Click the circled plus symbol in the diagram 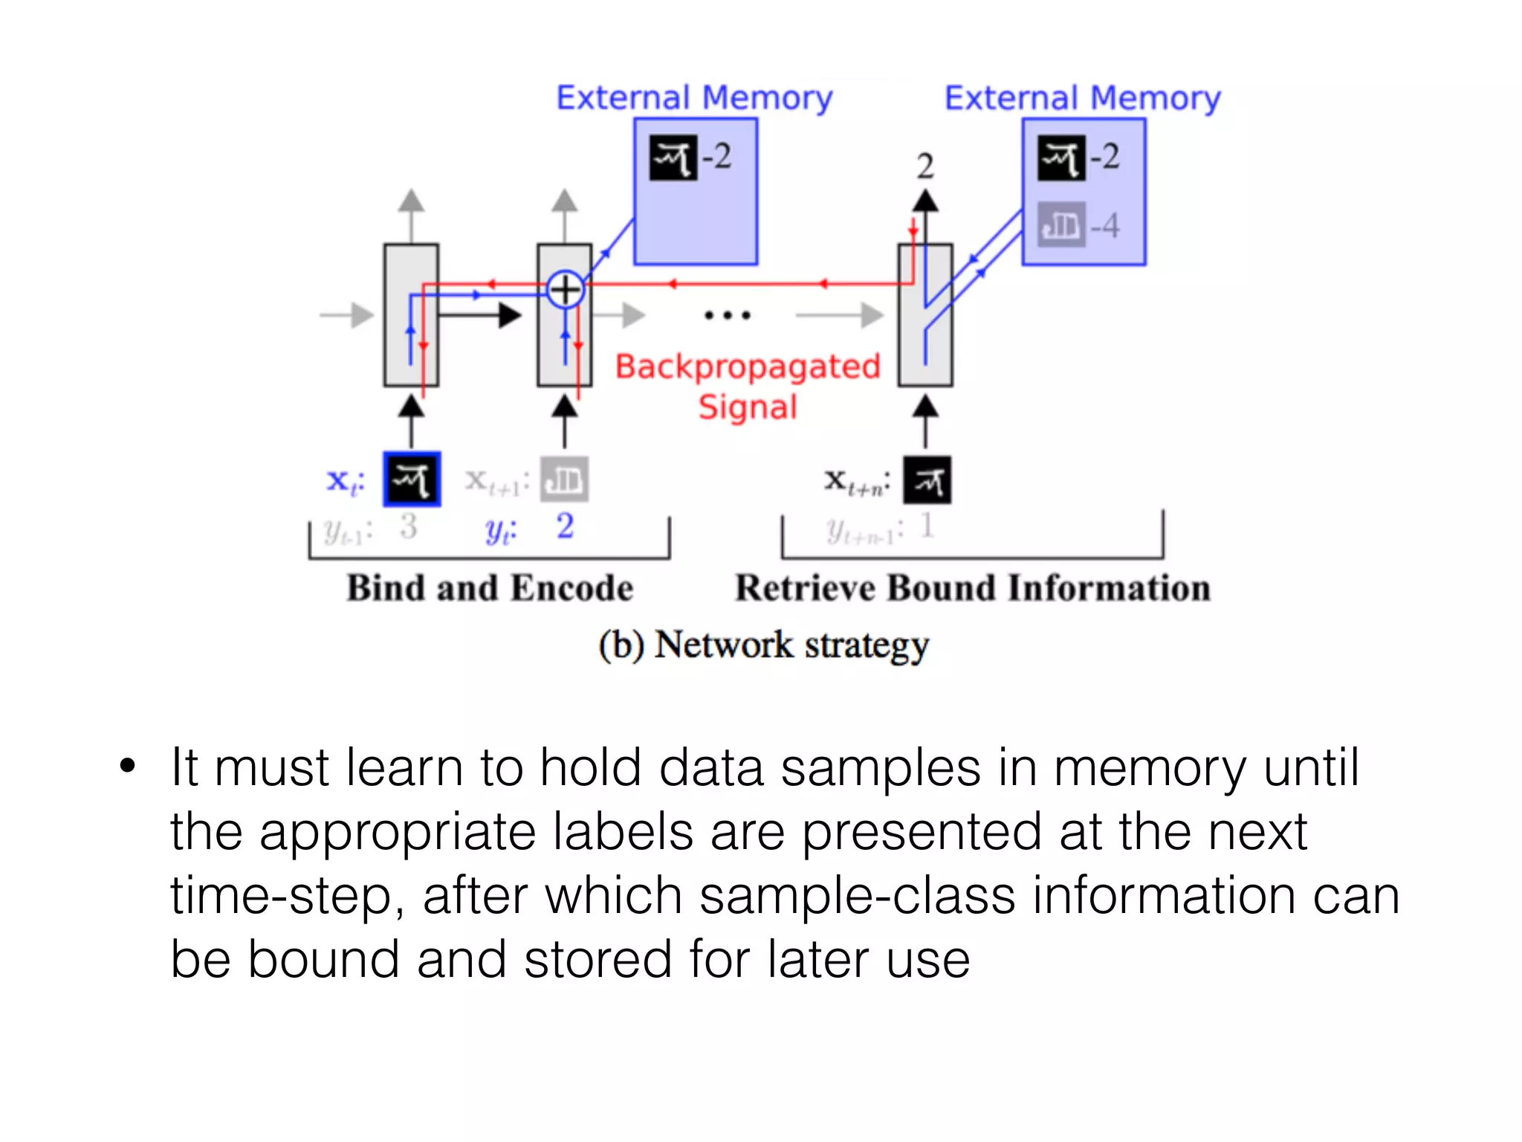tap(565, 289)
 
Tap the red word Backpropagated tap(748, 367)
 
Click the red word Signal tap(748, 407)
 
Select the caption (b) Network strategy tap(764, 645)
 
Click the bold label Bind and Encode tap(490, 588)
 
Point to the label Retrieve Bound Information tap(972, 588)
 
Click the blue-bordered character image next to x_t tap(412, 480)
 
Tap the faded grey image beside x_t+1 tap(565, 480)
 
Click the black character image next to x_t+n tap(927, 480)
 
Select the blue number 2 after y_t tap(565, 526)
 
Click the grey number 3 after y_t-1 tap(408, 526)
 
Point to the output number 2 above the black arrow tap(924, 166)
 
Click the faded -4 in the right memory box tap(1105, 225)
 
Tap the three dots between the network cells tap(728, 315)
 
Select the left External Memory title tap(694, 98)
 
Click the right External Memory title tap(1082, 98)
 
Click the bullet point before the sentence tap(128, 766)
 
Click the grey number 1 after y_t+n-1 tap(927, 526)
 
